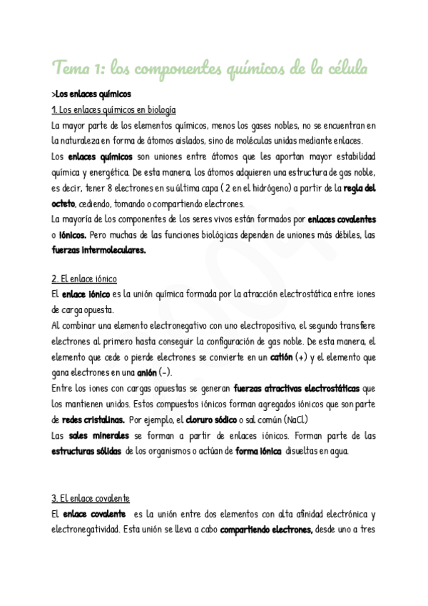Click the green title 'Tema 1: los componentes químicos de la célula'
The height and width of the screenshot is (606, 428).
pos(210,69)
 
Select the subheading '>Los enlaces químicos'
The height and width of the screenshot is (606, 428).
pos(91,94)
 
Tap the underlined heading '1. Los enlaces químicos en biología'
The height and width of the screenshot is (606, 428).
pos(113,109)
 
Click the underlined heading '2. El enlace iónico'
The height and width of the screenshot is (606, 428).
pos(84,279)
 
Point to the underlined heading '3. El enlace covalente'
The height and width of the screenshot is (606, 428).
pos(91,498)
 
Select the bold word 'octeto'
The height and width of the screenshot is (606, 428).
pos(64,204)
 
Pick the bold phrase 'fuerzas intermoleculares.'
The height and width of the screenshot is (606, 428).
pos(98,250)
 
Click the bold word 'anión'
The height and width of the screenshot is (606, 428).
pos(147,372)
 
